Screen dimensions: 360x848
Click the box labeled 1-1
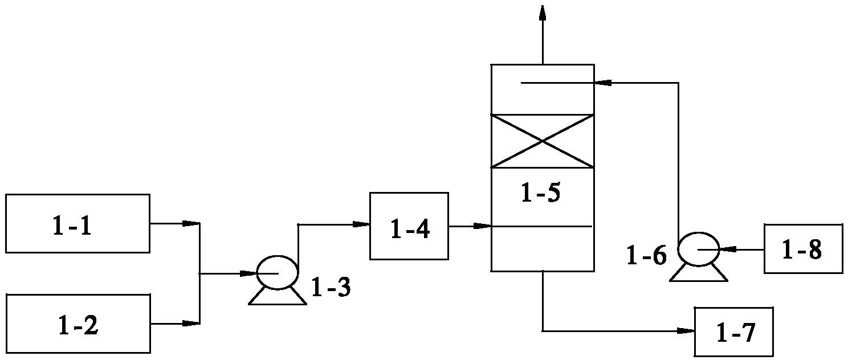pos(78,223)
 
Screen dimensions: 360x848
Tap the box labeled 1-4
pos(409,226)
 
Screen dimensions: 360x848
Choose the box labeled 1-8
pos(802,248)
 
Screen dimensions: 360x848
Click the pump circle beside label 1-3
pos(278,273)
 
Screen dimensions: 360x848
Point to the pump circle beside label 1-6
pos(698,249)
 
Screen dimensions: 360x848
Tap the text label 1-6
pos(646,256)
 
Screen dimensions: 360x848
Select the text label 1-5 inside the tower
pos(541,194)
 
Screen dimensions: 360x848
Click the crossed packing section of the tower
pos(542,141)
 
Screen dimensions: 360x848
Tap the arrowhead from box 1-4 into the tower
pos(483,226)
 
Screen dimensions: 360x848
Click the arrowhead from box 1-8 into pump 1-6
pos(727,249)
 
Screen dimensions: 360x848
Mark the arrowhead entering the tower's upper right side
pos(602,83)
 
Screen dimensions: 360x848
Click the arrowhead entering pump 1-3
pos(248,273)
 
